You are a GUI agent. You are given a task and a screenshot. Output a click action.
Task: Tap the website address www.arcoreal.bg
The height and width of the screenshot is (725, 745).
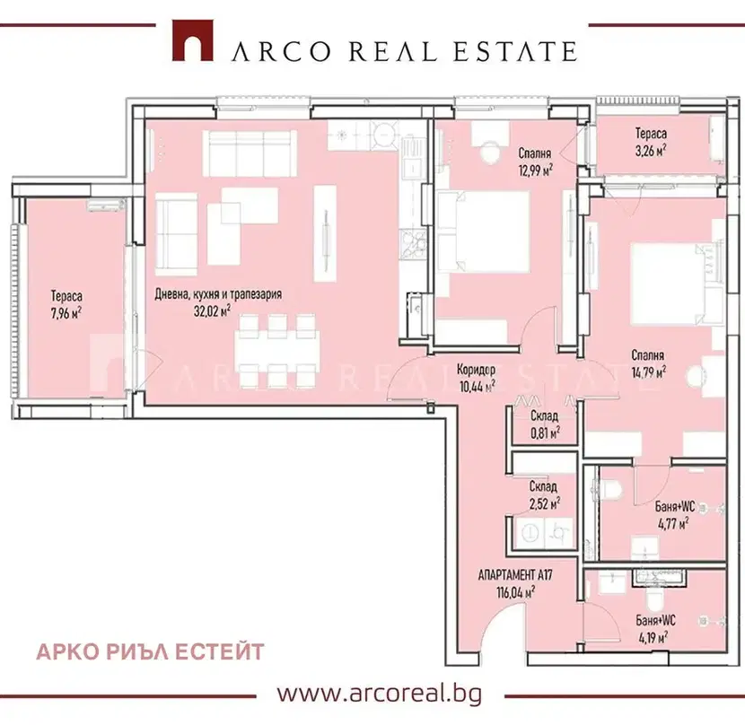click(379, 694)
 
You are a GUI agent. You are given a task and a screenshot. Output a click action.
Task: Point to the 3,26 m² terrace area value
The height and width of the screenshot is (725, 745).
click(650, 151)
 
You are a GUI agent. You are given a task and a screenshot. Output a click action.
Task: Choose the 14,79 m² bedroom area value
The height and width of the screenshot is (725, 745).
click(648, 372)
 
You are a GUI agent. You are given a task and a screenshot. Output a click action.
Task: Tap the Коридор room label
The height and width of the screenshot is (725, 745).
click(476, 369)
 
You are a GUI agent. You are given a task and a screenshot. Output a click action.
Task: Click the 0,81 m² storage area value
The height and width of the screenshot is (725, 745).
click(545, 432)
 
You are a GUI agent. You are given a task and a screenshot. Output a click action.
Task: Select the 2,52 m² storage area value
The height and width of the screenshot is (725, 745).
click(544, 502)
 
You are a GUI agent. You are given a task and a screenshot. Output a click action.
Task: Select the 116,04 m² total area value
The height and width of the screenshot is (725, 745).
click(515, 592)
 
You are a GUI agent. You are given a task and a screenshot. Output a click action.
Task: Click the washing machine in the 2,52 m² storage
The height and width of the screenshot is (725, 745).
click(530, 534)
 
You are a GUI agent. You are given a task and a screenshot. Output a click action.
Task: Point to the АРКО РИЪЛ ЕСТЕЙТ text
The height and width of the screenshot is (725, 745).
click(150, 651)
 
